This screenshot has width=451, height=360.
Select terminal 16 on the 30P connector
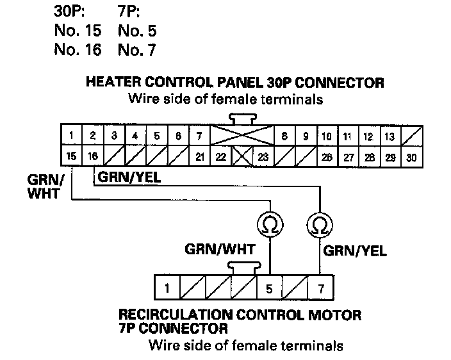click(93, 156)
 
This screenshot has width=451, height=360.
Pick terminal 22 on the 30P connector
click(220, 156)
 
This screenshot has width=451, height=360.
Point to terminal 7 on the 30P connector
click(199, 136)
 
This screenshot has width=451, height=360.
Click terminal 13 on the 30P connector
click(389, 136)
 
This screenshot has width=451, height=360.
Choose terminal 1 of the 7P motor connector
click(166, 288)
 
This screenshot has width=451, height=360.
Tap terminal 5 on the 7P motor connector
click(269, 288)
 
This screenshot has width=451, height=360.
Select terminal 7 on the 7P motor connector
click(320, 288)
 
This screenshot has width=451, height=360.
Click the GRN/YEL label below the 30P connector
click(129, 177)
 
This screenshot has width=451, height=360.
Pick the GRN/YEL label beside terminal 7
click(354, 250)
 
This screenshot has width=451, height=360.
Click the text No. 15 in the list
click(78, 30)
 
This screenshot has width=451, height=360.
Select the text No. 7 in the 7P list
click(137, 49)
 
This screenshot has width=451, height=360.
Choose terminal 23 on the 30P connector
click(262, 156)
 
